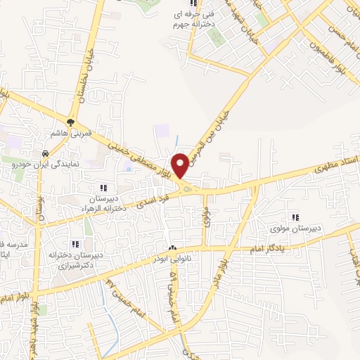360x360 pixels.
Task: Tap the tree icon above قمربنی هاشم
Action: coord(71,121)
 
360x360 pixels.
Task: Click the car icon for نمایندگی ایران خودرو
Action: coord(45,153)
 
